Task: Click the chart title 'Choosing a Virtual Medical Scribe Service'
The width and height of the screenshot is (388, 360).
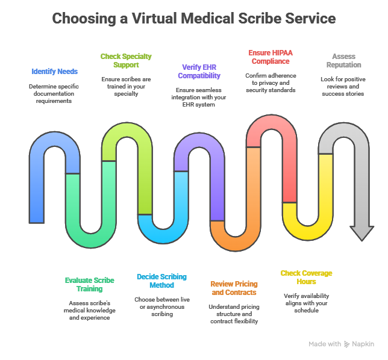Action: pyautogui.click(x=193, y=19)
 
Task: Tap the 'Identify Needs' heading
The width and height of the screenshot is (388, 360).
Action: pyautogui.click(x=55, y=72)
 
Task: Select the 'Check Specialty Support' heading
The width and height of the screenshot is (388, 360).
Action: pyautogui.click(x=126, y=61)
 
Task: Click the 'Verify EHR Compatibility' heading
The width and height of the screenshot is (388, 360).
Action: pyautogui.click(x=199, y=72)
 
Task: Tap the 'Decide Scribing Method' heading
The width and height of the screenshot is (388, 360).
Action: pyautogui.click(x=161, y=281)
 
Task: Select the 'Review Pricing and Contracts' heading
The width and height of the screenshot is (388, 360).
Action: pyautogui.click(x=234, y=288)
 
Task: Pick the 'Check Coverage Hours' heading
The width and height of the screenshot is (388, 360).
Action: pyautogui.click(x=306, y=277)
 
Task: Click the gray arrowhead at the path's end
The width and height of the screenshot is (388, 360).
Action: pyautogui.click(x=362, y=233)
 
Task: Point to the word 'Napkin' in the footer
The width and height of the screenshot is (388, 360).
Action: pyautogui.click(x=363, y=344)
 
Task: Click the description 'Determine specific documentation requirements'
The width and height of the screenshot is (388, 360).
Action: pyautogui.click(x=54, y=93)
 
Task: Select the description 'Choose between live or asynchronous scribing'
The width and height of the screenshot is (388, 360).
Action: pyautogui.click(x=161, y=306)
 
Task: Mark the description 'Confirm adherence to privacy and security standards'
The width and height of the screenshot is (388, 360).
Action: pyautogui.click(x=271, y=82)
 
